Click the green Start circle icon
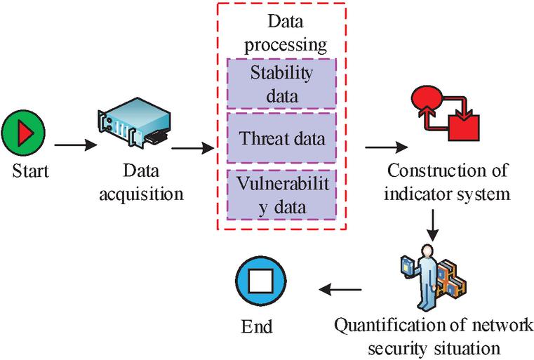click(x=23, y=133)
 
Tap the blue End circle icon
click(x=261, y=281)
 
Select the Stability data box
click(x=281, y=84)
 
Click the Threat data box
click(x=281, y=138)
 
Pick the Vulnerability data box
click(x=281, y=195)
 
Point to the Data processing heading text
click(x=286, y=33)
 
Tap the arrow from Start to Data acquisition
click(x=76, y=145)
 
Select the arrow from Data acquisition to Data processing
click(x=193, y=148)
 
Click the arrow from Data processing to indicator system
click(x=387, y=147)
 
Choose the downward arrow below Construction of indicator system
click(x=432, y=225)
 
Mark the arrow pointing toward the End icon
click(x=340, y=290)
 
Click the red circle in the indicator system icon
click(x=427, y=95)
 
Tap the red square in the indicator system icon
click(x=464, y=128)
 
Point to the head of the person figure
click(x=427, y=251)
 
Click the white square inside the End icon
click(x=261, y=281)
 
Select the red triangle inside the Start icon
click(x=25, y=133)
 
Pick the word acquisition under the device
click(x=141, y=194)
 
